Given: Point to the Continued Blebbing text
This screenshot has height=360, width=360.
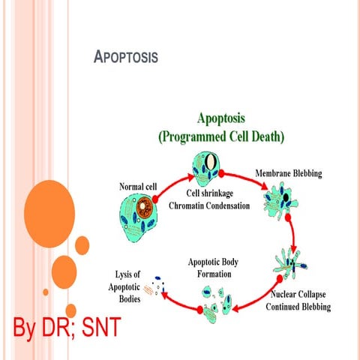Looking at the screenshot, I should [298, 307].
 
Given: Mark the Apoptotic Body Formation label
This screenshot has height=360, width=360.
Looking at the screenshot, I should [217, 269].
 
